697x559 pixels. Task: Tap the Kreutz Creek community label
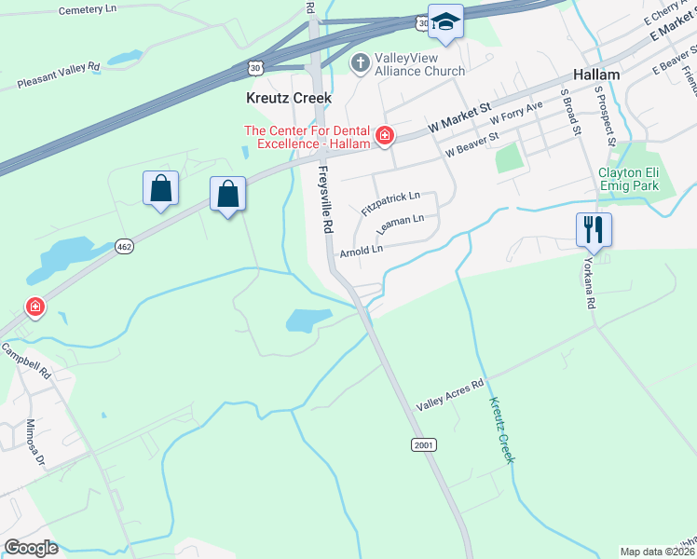point(288,98)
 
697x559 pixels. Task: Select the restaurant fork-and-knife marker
point(594,228)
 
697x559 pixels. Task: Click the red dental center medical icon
point(383,137)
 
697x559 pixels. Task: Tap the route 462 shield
point(124,246)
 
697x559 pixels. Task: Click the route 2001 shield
point(424,445)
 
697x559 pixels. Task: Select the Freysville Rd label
point(326,199)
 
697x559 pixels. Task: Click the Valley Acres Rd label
point(451,394)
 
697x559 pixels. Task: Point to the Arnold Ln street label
point(362,251)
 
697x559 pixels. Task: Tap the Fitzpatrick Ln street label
point(390,203)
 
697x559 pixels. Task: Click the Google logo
point(32,548)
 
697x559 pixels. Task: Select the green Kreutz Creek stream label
point(503,428)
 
